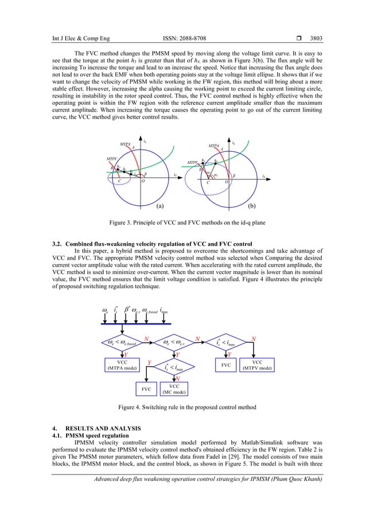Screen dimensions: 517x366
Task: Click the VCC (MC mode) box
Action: tap(176, 390)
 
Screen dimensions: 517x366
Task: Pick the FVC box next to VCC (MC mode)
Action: tap(147, 390)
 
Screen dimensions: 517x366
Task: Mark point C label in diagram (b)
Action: tap(208, 182)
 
